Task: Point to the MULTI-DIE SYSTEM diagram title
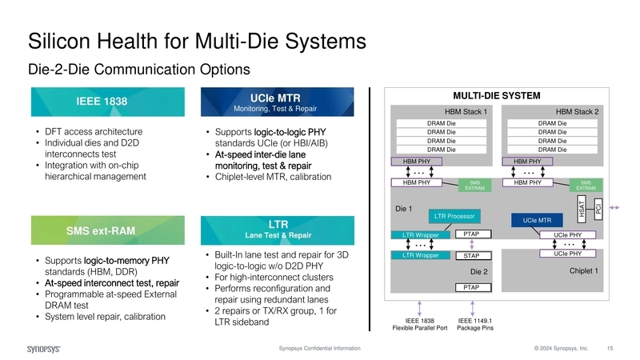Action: click(496, 95)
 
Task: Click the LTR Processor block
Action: click(454, 216)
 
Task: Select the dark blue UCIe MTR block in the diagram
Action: click(537, 219)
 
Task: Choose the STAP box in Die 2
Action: click(471, 256)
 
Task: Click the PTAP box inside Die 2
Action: click(471, 286)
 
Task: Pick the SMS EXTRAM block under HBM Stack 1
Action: click(474, 186)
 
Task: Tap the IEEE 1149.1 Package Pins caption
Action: click(474, 324)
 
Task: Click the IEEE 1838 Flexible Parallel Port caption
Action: click(427, 324)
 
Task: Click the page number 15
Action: click(610, 349)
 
